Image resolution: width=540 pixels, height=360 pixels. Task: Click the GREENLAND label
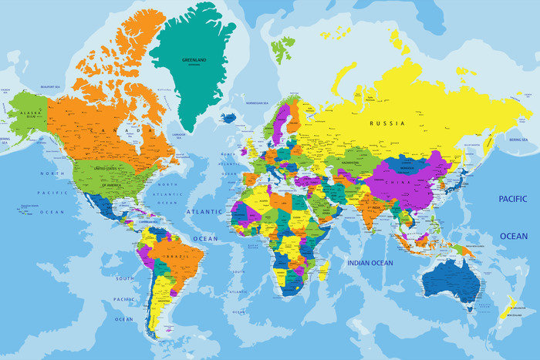point(193,59)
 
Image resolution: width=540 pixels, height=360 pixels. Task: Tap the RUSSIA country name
point(387,123)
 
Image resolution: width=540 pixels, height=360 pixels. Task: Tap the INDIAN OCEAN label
point(370,263)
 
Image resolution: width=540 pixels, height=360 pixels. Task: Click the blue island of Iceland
point(228,118)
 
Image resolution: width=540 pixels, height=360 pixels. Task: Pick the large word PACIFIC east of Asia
point(513,199)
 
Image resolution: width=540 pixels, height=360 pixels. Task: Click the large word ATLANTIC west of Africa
point(204,210)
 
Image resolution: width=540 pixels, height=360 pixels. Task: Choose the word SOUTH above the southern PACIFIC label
point(124,278)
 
